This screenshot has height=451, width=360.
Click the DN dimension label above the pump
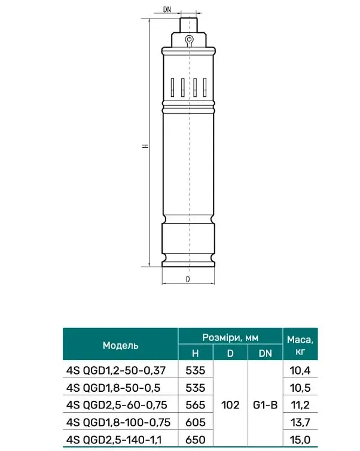(x=167, y=10)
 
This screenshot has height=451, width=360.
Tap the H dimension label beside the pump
(x=146, y=145)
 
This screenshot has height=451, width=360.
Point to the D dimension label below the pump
(x=188, y=279)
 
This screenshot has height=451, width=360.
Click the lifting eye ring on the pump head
(x=188, y=39)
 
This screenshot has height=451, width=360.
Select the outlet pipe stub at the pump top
(x=188, y=26)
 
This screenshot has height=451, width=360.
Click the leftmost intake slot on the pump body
(x=172, y=87)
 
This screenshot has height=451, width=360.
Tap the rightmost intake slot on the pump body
(x=205, y=87)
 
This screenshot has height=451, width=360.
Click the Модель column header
(x=120, y=345)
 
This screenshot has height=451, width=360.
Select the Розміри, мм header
(x=230, y=337)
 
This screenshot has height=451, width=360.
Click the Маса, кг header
(x=300, y=345)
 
